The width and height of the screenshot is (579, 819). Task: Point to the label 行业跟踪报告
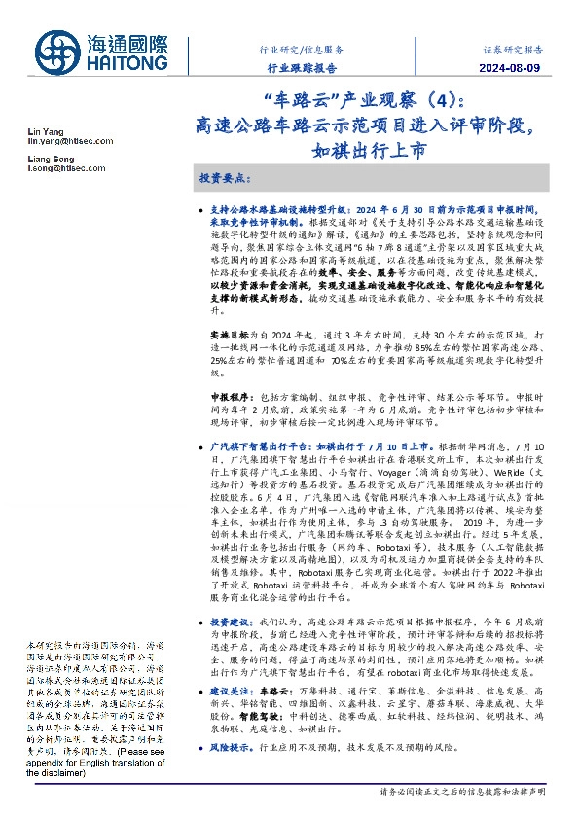click(302, 68)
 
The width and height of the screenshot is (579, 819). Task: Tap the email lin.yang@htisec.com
click(63, 142)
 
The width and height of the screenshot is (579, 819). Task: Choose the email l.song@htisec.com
click(58, 170)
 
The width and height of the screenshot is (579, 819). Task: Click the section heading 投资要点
click(226, 181)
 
